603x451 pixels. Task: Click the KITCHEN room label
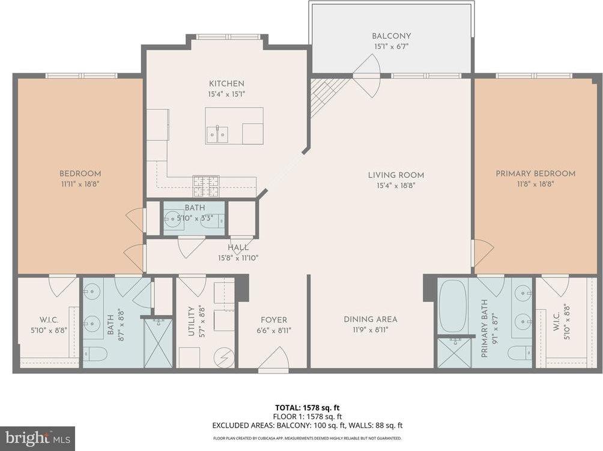226,83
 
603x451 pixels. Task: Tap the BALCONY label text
391,36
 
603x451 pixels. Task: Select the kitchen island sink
217,135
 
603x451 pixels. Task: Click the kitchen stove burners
206,187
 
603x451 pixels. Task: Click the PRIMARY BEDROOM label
535,174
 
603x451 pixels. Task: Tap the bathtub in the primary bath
452,306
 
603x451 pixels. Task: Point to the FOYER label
273,320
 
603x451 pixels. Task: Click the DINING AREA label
370,319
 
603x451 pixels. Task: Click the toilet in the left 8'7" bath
95,354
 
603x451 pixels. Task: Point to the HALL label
238,247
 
